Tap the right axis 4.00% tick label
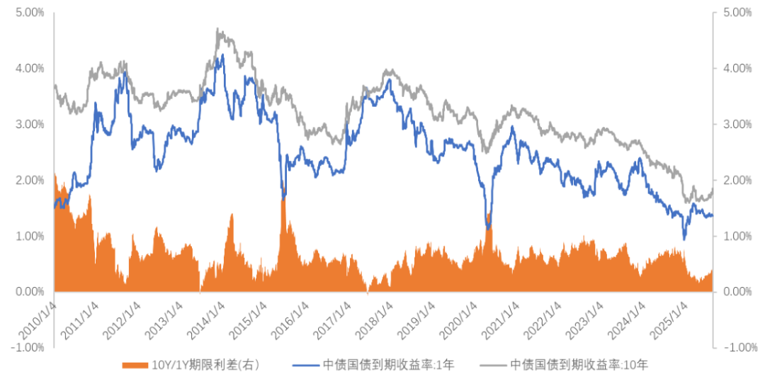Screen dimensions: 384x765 (737, 69)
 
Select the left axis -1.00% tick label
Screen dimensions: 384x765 (28, 347)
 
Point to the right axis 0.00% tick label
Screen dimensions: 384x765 (737, 292)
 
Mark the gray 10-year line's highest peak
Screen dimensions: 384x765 (218, 29)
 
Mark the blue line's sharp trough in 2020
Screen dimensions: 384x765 (488, 228)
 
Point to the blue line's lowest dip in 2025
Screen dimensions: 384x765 (684, 239)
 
